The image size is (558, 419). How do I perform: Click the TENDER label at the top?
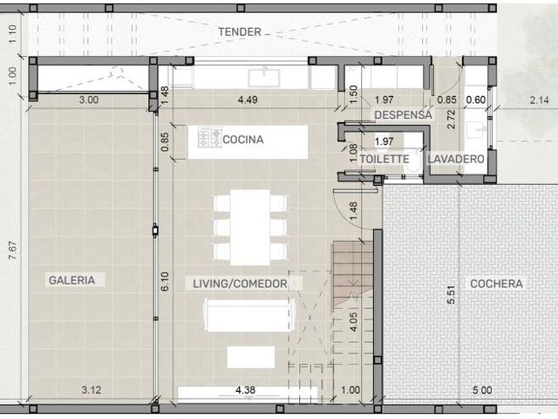tap(240, 31)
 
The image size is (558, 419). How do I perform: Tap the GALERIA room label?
tap(71, 280)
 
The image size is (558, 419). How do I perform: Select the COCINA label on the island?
tap(243, 140)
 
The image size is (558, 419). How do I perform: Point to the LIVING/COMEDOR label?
tap(240, 284)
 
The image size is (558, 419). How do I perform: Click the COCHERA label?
tap(496, 284)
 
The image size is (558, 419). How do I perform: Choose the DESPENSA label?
tap(403, 114)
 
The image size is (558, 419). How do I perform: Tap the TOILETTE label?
tap(384, 159)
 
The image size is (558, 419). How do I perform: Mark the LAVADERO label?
tap(456, 159)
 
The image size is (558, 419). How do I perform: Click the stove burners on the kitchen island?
tap(210, 138)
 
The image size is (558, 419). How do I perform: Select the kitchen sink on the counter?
tap(264, 78)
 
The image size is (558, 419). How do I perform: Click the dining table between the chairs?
tap(250, 227)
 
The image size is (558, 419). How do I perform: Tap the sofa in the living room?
tap(250, 315)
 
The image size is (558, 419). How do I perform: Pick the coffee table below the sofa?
tap(251, 357)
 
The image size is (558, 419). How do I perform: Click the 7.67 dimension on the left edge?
tap(13, 251)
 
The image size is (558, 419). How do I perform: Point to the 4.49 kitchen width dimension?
tap(248, 100)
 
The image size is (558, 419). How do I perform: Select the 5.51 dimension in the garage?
tap(452, 295)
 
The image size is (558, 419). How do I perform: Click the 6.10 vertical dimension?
tap(165, 281)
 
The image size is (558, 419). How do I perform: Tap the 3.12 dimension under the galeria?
tap(92, 390)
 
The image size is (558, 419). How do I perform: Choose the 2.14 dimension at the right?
tap(540, 100)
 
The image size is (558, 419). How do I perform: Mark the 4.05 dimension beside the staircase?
tap(353, 322)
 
